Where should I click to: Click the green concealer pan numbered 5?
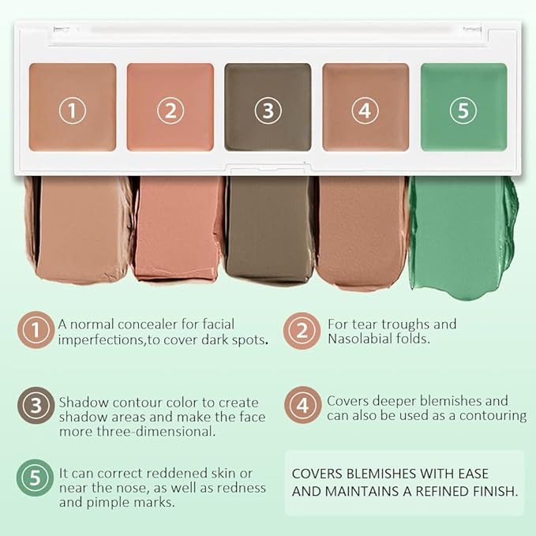463,107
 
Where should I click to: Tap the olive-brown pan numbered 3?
268,107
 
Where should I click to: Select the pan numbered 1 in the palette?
73,107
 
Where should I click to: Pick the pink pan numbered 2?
170,107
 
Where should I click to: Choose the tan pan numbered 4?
365,107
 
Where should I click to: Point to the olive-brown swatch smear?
269,229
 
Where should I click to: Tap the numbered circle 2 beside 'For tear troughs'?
302,332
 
